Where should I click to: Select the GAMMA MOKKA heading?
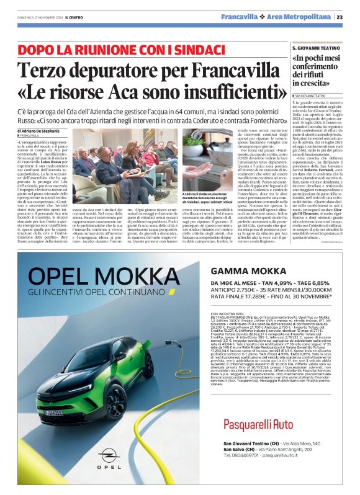pos(241,270)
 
